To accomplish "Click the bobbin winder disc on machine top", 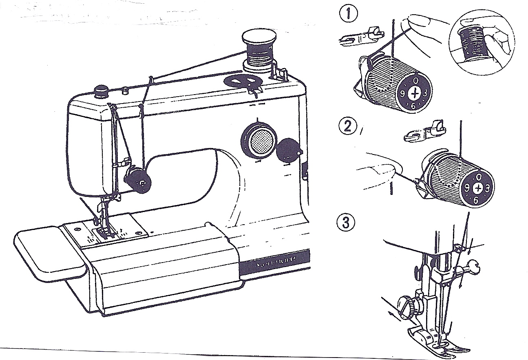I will (243, 81).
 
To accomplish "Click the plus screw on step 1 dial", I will (415, 93).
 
